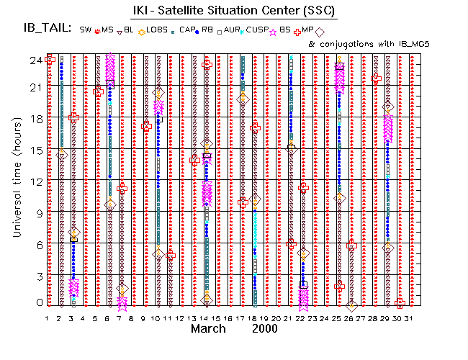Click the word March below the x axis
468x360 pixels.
pos(210,328)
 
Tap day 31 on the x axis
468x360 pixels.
pos(410,318)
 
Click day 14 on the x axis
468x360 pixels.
pos(206,318)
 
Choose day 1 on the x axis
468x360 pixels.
pos(47,318)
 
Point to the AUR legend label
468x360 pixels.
pos(232,30)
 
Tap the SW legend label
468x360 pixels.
pos(85,30)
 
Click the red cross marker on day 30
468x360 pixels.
pos(400,303)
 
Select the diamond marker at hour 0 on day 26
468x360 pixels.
pos(351,306)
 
